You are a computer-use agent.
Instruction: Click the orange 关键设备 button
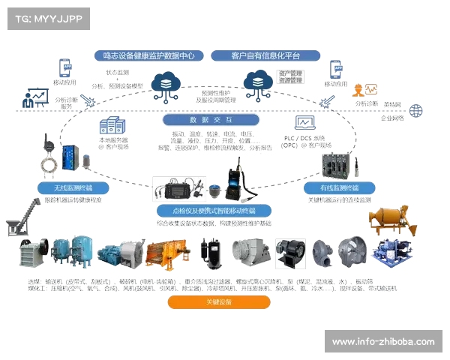[x=218, y=302]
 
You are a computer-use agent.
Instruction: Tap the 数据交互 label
[x=211, y=120]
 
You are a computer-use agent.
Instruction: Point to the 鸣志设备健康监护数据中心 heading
[x=148, y=55]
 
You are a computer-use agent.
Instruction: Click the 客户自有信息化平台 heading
[x=265, y=55]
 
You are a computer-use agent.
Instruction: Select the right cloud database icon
[x=257, y=82]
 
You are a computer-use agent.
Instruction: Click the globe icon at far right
[x=416, y=109]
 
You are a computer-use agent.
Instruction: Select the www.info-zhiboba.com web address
[x=382, y=342]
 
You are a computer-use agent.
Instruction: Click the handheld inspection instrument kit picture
[x=179, y=188]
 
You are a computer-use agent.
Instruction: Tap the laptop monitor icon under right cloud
[x=306, y=123]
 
